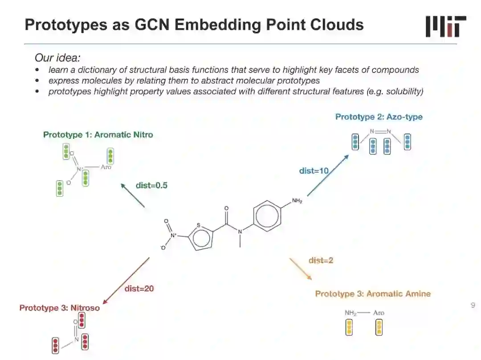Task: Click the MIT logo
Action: [445, 26]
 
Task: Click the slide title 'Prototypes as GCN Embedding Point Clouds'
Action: [194, 24]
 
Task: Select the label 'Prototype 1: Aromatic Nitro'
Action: [98, 134]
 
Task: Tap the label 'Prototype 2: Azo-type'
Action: [379, 117]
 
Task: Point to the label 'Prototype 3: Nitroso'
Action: [59, 307]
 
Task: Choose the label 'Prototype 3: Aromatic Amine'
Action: [373, 294]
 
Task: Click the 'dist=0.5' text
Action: [151, 186]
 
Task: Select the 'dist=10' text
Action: [314, 170]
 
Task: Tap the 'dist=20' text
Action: [139, 288]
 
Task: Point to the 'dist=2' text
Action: [321, 260]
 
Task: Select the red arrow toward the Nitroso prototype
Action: [126, 279]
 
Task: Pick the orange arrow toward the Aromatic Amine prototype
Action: [300, 269]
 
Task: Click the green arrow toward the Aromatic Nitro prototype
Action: [133, 195]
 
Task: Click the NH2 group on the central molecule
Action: [297, 202]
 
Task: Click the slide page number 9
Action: [473, 305]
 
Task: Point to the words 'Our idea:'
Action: [57, 58]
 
